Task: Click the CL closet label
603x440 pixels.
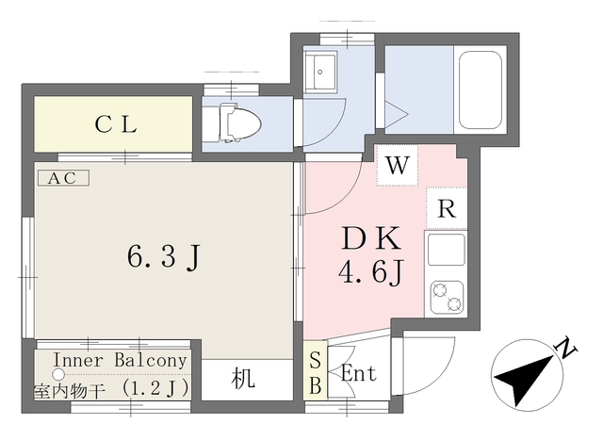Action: tap(116, 124)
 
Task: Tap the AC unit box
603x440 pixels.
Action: tap(64, 178)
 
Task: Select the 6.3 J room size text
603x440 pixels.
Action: tap(164, 257)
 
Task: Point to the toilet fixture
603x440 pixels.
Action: tap(232, 123)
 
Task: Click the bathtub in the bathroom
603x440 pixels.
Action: tap(481, 90)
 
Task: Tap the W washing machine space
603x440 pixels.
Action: tap(398, 166)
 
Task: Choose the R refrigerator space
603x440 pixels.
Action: tap(447, 209)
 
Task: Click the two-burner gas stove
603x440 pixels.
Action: tap(447, 298)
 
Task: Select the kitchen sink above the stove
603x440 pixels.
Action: tap(446, 250)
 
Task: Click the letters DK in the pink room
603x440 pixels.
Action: tap(370, 238)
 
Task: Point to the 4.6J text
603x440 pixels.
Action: tap(371, 272)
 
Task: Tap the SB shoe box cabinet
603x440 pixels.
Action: tap(316, 370)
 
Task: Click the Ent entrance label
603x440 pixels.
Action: tap(359, 373)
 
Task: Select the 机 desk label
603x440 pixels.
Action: tap(243, 379)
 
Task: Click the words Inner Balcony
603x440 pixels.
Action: tap(120, 360)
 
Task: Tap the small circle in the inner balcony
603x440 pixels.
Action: tap(58, 373)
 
